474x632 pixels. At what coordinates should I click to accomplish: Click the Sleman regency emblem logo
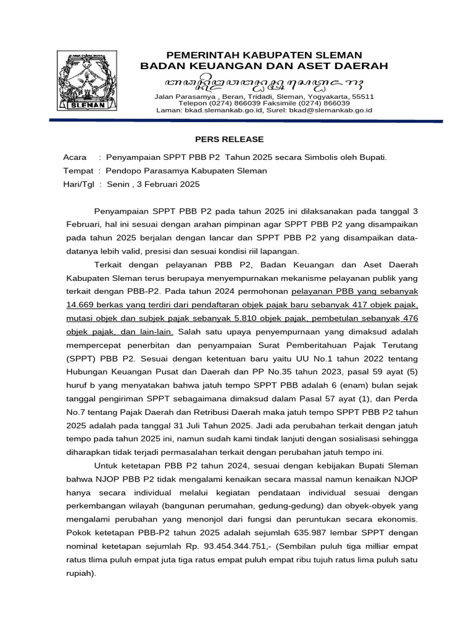click(87, 80)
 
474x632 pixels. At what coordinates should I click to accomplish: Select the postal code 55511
click(362, 97)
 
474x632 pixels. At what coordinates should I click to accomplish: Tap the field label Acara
click(75, 157)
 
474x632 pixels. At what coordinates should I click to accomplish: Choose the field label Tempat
click(78, 171)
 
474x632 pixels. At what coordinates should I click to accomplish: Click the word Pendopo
click(124, 171)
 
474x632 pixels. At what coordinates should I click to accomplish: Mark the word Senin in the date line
click(118, 184)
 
